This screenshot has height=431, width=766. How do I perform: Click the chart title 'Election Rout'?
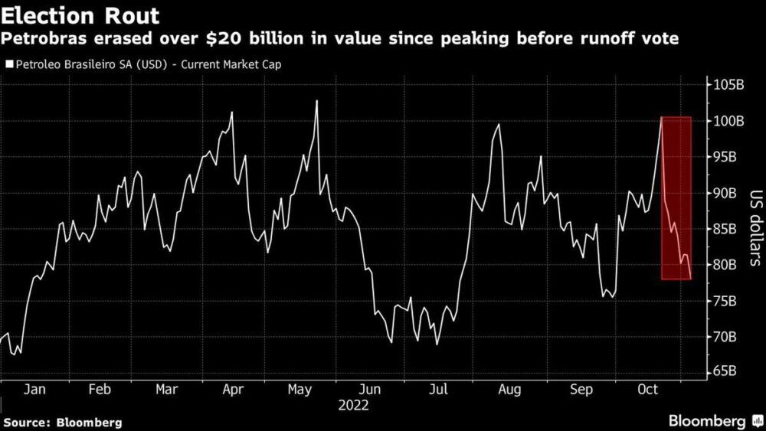click(x=80, y=15)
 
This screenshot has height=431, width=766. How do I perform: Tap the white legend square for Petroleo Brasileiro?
click(x=8, y=65)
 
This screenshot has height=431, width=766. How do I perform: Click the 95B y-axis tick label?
click(x=725, y=157)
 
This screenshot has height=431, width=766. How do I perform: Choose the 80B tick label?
click(x=725, y=265)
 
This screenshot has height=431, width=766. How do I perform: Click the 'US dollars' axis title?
click(x=754, y=228)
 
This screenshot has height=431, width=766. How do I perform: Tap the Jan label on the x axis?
click(x=35, y=390)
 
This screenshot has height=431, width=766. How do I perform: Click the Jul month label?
click(x=438, y=390)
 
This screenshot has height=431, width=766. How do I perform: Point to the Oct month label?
click(x=647, y=390)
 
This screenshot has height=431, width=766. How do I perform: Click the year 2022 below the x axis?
click(x=352, y=405)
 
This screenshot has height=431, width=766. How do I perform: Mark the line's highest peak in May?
click(x=316, y=101)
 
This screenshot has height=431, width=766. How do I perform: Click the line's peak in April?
click(x=231, y=113)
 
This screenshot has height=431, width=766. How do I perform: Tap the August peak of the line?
click(x=499, y=124)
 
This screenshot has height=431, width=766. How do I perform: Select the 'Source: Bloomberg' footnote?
click(x=63, y=422)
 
